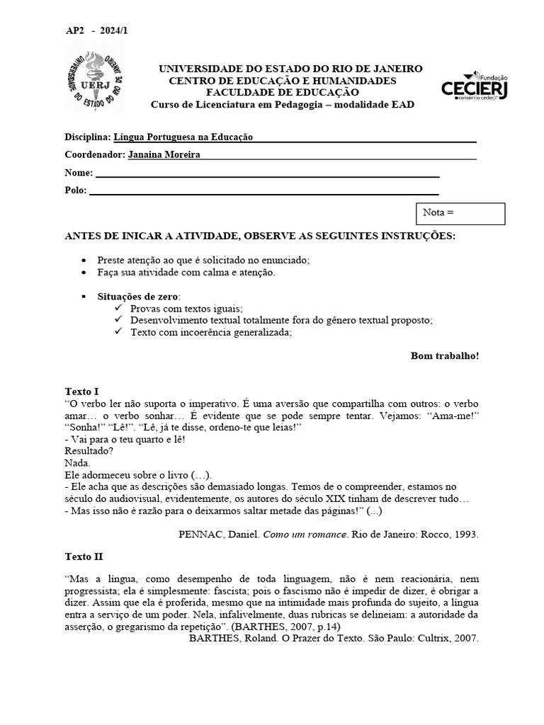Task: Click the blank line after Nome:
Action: click(x=267, y=173)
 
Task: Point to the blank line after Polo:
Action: click(x=263, y=190)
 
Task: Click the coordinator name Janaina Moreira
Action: click(x=164, y=155)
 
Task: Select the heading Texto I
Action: click(x=81, y=391)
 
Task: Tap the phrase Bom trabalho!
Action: click(x=444, y=355)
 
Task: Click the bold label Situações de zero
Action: click(x=138, y=297)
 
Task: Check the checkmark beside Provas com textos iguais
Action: click(x=118, y=309)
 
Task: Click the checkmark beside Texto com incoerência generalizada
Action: click(x=118, y=331)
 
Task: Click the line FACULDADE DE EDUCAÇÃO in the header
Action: click(x=282, y=92)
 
